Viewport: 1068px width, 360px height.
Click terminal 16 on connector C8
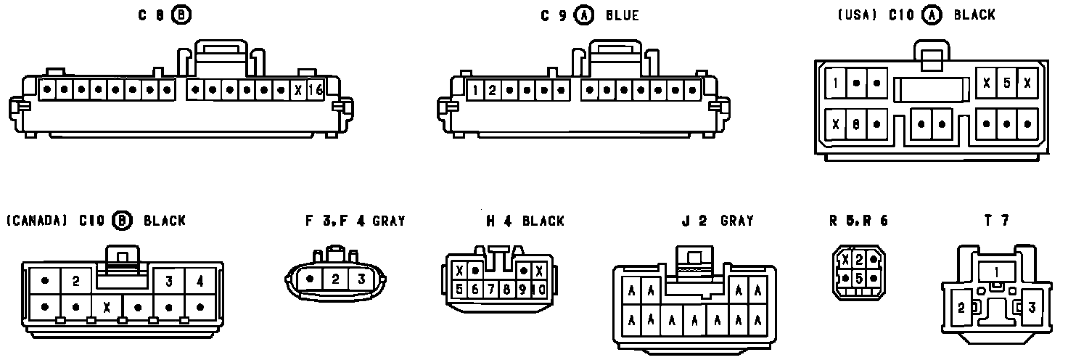[x=315, y=91]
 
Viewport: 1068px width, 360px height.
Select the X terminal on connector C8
[x=297, y=91]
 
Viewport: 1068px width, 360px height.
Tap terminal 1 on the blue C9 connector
[x=475, y=91]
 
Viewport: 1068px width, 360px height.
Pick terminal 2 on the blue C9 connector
[x=492, y=91]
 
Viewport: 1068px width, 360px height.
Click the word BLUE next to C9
[x=623, y=15]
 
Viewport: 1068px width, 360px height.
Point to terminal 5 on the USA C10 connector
[x=1006, y=83]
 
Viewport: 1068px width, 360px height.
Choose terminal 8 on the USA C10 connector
[x=856, y=124]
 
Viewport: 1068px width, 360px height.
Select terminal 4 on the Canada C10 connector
[x=200, y=281]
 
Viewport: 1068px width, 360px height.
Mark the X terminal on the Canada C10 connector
[x=107, y=306]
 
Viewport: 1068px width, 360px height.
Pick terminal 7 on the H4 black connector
[x=491, y=290]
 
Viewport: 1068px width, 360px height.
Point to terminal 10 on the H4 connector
[x=539, y=290]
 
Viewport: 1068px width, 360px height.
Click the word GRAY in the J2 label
[x=736, y=221]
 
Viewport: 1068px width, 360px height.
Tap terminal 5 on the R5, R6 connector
[x=858, y=278]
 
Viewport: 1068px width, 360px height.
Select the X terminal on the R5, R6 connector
[x=845, y=258]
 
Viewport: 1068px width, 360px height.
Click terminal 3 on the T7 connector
[x=1031, y=308]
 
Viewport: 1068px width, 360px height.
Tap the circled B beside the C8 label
[x=181, y=15]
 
